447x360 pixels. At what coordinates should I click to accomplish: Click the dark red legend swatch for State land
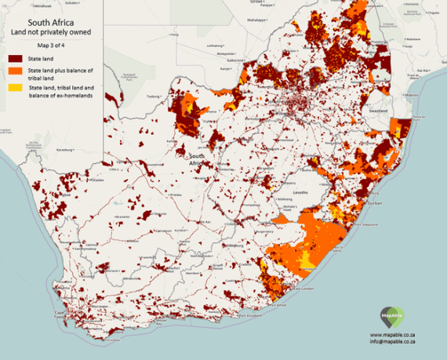tap(15, 58)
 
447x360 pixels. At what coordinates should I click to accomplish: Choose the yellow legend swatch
tap(15, 88)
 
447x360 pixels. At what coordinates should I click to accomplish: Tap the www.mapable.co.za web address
tap(398, 334)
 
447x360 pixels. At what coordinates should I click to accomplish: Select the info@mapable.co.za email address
tap(398, 342)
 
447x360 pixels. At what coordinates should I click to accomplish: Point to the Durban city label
tap(375, 203)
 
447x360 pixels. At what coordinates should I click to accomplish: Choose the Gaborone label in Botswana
tap(235, 59)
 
